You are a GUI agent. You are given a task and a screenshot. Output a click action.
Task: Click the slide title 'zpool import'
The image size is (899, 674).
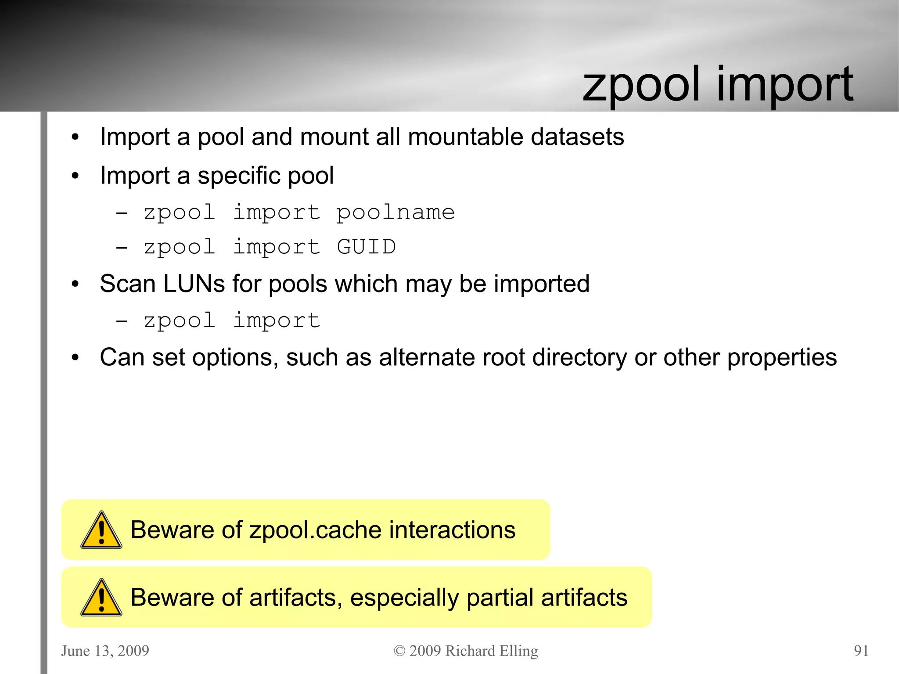(x=718, y=85)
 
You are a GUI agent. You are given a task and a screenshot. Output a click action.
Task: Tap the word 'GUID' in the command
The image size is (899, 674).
(x=367, y=247)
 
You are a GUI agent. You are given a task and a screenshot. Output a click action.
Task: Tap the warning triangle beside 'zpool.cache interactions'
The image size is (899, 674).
(x=101, y=530)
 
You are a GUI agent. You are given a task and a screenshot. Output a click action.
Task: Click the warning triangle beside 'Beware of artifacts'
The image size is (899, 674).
(x=101, y=598)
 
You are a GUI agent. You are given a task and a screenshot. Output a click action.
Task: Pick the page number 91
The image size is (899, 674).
(x=861, y=650)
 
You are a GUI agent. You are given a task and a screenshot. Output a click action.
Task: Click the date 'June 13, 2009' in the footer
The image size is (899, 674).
(x=105, y=650)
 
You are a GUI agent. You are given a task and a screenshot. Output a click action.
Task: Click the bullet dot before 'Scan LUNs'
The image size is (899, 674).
(x=75, y=284)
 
